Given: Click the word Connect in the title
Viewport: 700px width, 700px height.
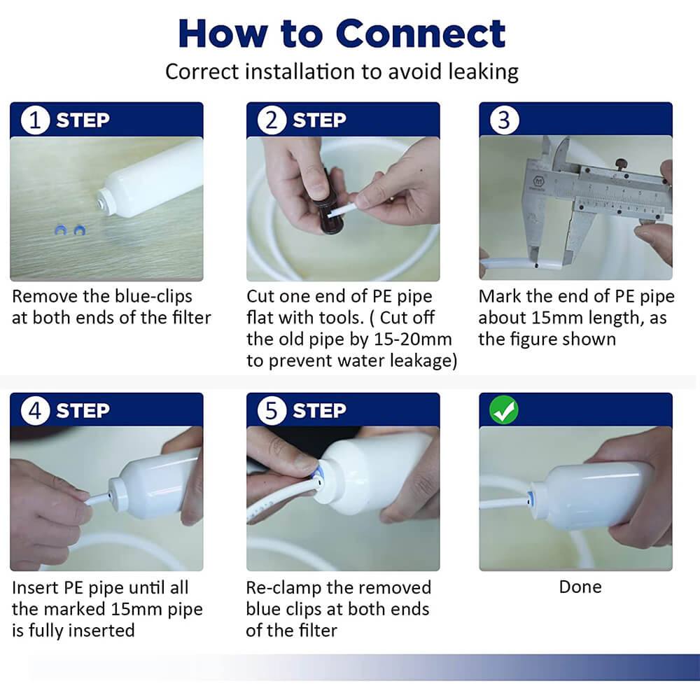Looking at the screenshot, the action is [420, 34].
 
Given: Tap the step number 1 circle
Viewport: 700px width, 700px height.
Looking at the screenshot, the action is [35, 120].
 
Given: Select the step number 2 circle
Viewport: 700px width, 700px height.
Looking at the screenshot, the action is [272, 120].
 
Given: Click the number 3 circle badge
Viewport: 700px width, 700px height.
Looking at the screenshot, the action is [504, 120].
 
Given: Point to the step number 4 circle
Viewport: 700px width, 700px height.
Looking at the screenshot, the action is [35, 410].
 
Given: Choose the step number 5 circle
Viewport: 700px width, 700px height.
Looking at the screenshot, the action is [272, 410].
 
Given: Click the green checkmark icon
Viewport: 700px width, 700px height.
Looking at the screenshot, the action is [503, 409].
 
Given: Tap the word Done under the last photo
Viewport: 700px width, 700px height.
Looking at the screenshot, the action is [580, 587].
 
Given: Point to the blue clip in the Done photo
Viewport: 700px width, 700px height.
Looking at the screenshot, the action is [531, 497].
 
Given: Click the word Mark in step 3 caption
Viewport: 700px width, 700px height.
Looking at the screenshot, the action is [499, 296].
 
